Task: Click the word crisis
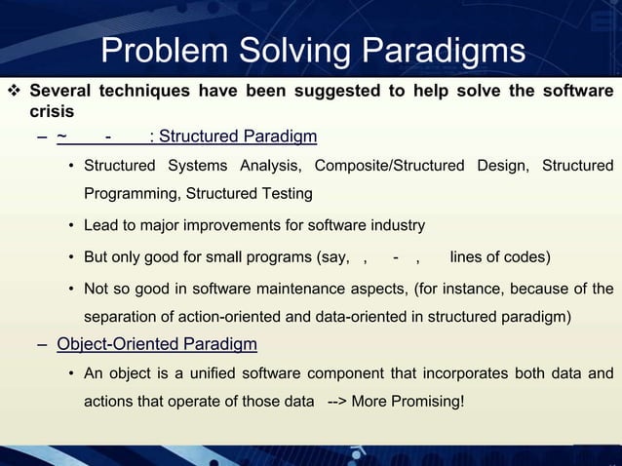tap(52, 112)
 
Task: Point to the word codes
tap(526, 257)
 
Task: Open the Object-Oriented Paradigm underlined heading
tap(157, 344)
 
